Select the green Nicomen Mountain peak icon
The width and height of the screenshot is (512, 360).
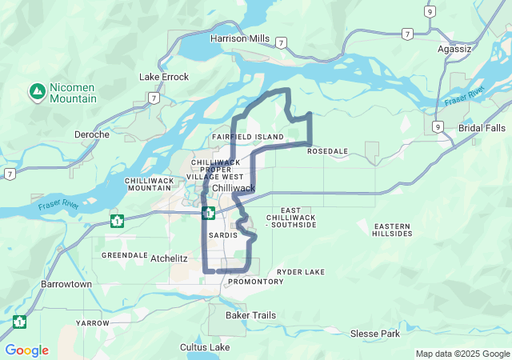(37, 90)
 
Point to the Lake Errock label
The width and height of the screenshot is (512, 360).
(164, 77)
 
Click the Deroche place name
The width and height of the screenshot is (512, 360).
(91, 134)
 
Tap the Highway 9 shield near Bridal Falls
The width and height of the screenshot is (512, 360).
(438, 126)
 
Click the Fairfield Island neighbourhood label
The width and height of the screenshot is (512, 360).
(248, 138)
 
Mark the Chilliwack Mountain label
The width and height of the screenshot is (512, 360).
(150, 184)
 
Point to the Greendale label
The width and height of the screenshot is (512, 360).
(121, 255)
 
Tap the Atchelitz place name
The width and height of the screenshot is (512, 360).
(169, 258)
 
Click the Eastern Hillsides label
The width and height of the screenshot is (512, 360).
(392, 230)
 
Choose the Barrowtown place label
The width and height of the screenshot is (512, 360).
(66, 284)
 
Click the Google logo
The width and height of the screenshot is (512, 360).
(26, 350)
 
